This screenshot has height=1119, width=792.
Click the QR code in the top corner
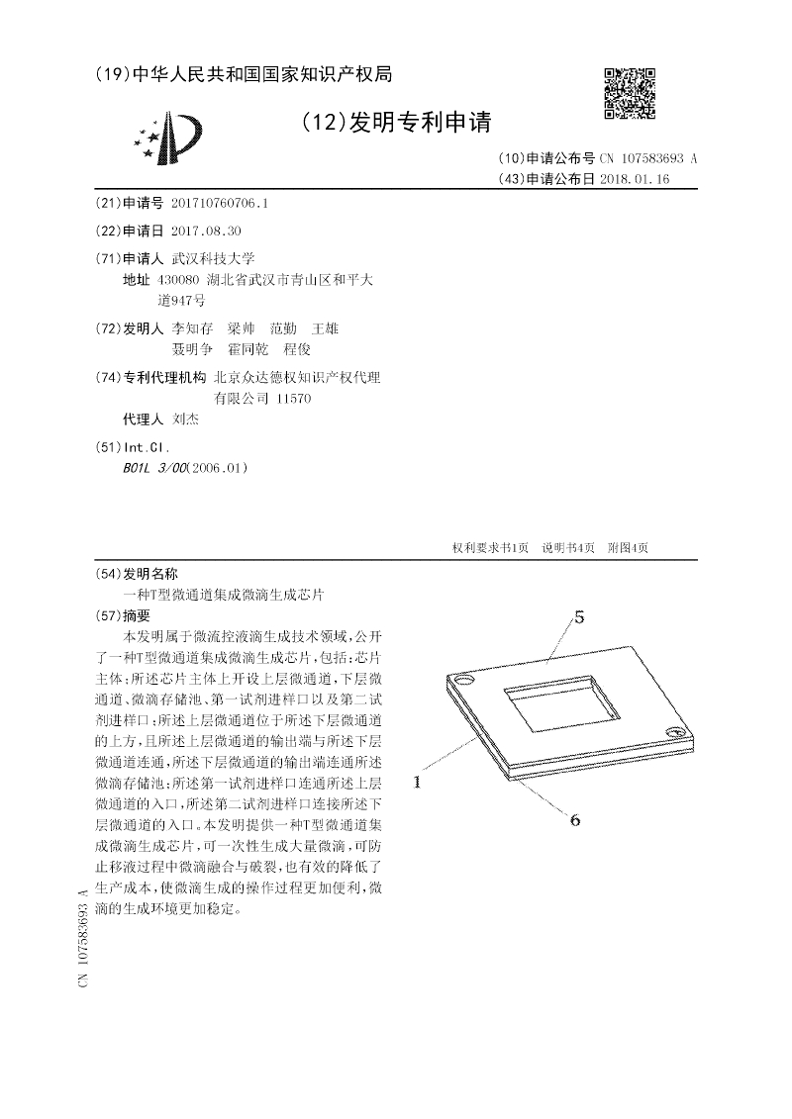coord(630,94)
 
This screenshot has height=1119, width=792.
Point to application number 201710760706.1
coord(220,203)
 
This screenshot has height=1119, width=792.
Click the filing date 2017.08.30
coord(206,231)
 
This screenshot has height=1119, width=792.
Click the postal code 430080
coord(178,280)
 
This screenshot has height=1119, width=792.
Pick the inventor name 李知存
coord(192,327)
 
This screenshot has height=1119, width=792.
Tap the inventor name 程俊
coord(297,349)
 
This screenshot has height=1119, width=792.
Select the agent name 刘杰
coord(185,420)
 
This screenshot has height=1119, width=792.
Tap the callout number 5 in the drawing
coord(579,618)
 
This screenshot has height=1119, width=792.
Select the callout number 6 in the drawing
coord(573,818)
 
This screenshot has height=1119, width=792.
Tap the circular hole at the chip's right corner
coord(677,732)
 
